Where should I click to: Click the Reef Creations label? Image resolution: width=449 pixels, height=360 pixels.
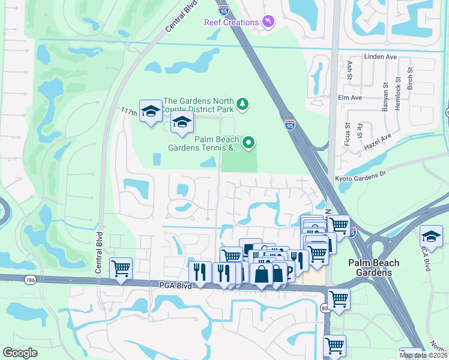pos(231,22)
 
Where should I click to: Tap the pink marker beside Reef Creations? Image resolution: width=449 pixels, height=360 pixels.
pos(268,22)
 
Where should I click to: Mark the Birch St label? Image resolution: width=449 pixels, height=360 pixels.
pos(411,78)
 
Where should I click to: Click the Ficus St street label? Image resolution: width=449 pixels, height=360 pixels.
pos(347,135)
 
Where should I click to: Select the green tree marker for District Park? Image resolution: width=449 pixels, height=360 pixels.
pos(242,104)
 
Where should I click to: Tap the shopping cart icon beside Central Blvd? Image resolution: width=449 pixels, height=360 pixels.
pos(121,268)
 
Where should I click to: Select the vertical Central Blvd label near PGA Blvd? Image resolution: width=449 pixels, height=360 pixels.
pos(99,252)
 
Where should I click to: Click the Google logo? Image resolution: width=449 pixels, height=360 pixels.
pos(20,353)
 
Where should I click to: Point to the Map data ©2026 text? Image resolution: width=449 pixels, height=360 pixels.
pos(424,355)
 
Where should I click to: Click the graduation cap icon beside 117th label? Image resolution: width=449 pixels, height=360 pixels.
pos(151,111)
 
